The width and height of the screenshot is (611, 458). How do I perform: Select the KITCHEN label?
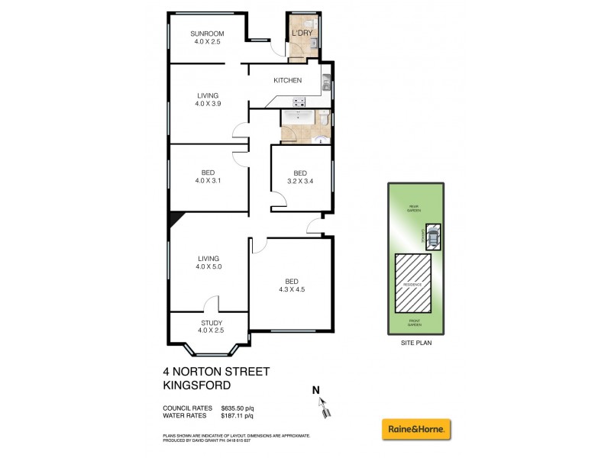(288, 80)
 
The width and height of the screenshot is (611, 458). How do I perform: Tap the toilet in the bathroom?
(324, 120)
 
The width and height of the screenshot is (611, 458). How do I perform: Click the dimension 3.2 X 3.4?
(300, 181)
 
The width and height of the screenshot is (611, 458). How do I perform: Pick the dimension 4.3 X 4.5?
(290, 289)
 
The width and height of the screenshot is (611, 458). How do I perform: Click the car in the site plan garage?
(433, 237)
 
